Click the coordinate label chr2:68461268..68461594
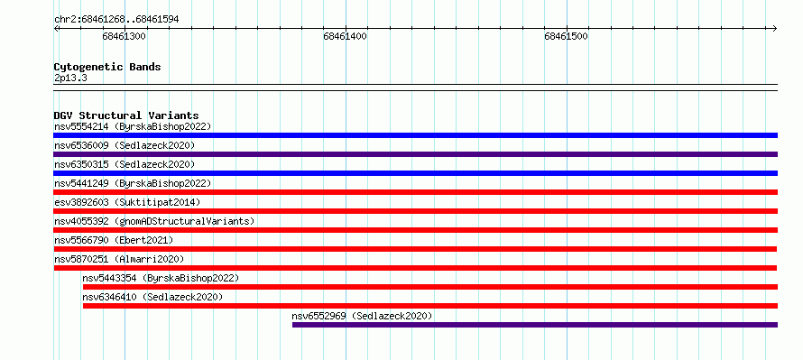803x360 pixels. (x=116, y=20)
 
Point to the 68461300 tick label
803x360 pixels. (x=124, y=36)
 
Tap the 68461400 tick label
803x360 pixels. (x=346, y=36)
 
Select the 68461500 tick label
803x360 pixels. (x=566, y=36)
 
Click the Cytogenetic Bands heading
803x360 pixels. (x=107, y=67)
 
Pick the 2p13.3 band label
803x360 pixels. (x=70, y=78)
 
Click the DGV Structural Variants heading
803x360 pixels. (x=126, y=115)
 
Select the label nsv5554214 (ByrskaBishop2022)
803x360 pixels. (x=133, y=126)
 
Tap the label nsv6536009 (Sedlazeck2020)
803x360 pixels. (x=125, y=145)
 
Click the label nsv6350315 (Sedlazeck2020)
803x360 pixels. (x=125, y=164)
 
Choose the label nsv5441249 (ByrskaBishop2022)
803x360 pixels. (x=133, y=183)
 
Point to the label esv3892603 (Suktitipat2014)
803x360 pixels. (x=127, y=202)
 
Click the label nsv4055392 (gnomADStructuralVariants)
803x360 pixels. (x=154, y=221)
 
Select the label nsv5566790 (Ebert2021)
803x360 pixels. (x=114, y=240)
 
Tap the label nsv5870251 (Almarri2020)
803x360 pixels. (x=119, y=259)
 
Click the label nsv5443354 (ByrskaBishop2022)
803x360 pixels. (x=161, y=278)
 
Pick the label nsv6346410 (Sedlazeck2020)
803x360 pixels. (x=152, y=297)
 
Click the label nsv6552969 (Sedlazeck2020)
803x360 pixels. (x=362, y=316)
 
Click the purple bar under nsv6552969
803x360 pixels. (x=535, y=325)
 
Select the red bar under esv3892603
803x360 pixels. (x=416, y=211)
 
